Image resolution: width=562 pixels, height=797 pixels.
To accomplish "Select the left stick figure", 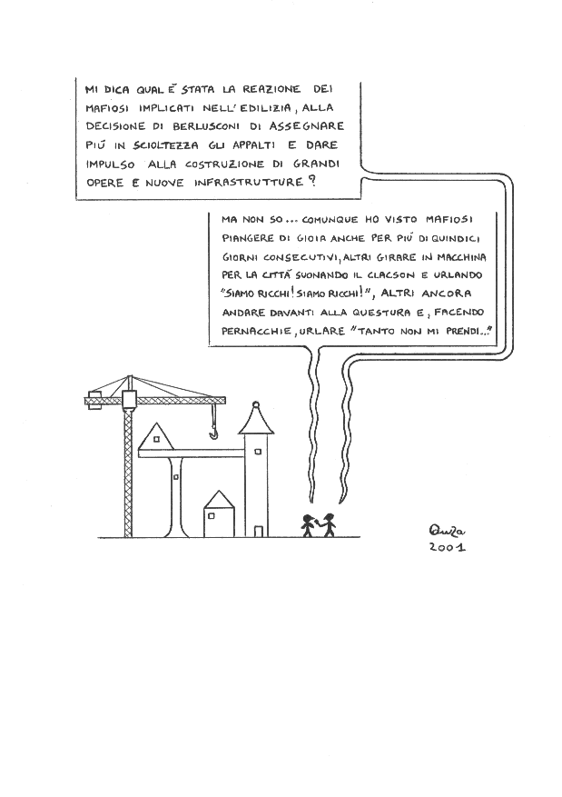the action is coord(309,524).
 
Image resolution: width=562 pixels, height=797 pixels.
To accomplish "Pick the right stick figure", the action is coord(328,524).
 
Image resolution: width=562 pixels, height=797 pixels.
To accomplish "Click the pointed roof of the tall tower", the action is coord(255,417).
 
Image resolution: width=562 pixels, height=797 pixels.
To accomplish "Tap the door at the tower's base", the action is coord(259,528).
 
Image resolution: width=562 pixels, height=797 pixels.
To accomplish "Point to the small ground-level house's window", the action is coord(212,514).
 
